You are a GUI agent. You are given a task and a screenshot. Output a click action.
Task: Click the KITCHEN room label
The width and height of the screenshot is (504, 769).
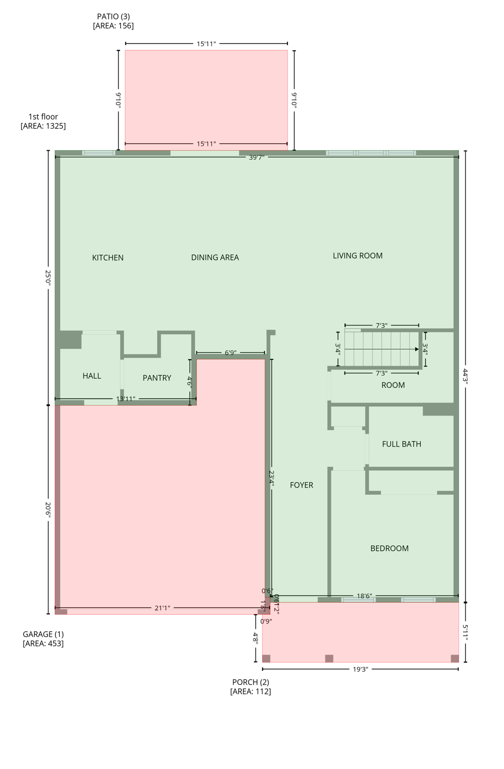(x=107, y=258)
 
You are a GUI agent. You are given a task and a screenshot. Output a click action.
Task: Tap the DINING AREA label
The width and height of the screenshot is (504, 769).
(x=215, y=257)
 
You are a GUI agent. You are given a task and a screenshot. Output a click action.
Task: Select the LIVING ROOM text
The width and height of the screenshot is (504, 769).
(x=357, y=256)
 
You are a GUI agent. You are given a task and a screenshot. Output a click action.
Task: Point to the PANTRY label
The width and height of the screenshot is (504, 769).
(x=157, y=378)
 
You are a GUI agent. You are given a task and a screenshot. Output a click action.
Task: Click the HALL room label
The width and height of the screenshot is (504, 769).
(x=91, y=376)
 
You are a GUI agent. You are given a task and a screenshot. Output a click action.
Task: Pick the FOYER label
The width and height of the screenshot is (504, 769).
(x=301, y=485)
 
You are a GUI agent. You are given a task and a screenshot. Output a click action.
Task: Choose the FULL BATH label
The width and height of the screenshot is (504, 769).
(x=401, y=444)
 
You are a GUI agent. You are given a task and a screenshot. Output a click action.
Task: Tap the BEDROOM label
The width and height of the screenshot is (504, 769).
(x=389, y=549)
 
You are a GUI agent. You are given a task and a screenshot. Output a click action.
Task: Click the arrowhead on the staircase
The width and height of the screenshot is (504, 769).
(x=416, y=349)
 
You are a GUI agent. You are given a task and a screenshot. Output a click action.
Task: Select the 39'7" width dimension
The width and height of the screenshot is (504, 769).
(x=256, y=158)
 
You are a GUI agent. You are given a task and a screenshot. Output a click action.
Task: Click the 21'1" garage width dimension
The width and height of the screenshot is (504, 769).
(x=162, y=608)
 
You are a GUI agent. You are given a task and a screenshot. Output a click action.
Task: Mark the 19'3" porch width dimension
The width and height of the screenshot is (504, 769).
(x=360, y=669)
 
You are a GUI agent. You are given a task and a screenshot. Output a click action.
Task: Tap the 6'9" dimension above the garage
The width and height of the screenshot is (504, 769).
(x=230, y=353)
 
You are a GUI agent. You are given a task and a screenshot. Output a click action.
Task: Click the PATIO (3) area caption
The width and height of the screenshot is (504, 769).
(x=113, y=21)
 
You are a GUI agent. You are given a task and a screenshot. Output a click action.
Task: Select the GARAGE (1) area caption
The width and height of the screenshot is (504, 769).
(x=43, y=639)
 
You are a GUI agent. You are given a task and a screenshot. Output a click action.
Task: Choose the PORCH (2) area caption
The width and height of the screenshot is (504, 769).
(x=250, y=687)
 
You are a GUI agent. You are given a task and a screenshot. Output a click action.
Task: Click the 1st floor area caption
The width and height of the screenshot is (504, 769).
(x=43, y=121)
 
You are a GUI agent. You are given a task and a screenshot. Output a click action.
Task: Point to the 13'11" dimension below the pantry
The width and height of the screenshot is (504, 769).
(x=125, y=399)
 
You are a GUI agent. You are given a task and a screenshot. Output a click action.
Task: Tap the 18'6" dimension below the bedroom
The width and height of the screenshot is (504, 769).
(x=364, y=596)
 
